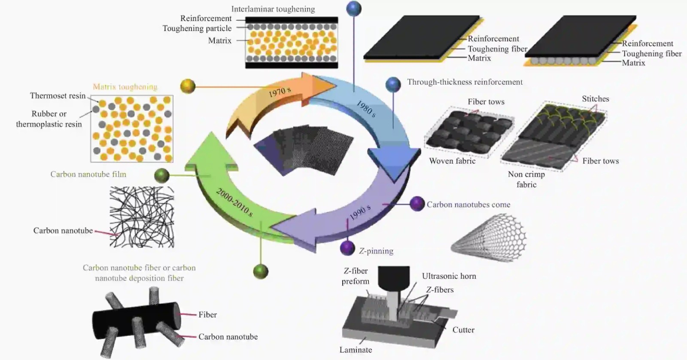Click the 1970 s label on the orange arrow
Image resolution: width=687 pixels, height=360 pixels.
tap(280, 92)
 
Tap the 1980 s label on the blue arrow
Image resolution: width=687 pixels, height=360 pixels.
tap(366, 109)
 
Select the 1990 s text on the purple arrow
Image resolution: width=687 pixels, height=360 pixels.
tap(360, 213)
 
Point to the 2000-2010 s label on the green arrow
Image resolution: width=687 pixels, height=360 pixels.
tap(234, 202)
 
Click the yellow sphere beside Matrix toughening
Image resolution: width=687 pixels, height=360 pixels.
tap(188, 86)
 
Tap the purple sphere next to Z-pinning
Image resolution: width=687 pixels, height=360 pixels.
tap(347, 248)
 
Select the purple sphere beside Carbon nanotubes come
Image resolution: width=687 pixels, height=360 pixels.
tap(417, 204)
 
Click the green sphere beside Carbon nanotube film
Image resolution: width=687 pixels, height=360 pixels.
tap(161, 176)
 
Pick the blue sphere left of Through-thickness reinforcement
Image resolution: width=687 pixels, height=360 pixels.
tap(393, 85)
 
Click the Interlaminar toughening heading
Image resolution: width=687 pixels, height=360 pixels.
tap(273, 9)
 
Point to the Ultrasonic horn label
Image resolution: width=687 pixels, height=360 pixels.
tap(449, 276)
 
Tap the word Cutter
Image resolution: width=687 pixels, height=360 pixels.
tap(463, 330)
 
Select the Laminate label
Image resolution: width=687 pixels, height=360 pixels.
tap(356, 350)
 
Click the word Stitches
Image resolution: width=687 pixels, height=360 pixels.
tap(595, 99)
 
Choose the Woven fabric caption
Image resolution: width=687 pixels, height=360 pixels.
tap(452, 161)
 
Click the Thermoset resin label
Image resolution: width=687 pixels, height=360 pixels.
tap(58, 96)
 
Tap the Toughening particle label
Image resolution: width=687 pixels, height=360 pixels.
tap(197, 28)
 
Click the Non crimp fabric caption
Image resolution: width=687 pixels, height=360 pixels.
tap(526, 179)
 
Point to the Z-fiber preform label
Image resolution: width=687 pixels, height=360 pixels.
tap(356, 276)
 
